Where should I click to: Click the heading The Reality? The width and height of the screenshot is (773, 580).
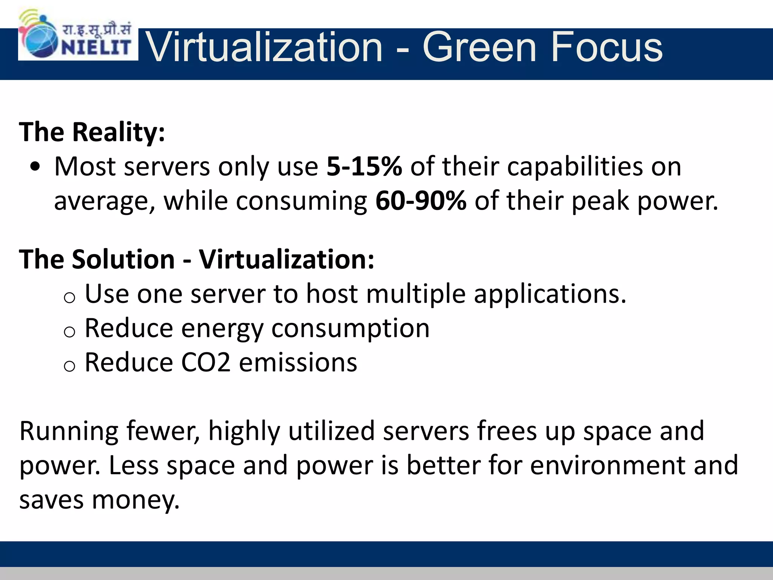point(92,132)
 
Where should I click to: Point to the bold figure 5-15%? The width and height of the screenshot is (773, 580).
point(364,167)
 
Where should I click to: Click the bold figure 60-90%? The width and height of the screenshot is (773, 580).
point(420,201)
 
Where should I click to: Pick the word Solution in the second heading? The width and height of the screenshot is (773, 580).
point(123,259)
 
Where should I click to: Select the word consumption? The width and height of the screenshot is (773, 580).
point(350,329)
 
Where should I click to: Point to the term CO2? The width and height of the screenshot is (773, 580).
point(206,362)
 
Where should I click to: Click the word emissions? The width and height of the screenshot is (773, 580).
point(298,362)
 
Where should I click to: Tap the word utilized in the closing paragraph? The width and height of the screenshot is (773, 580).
point(331,431)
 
